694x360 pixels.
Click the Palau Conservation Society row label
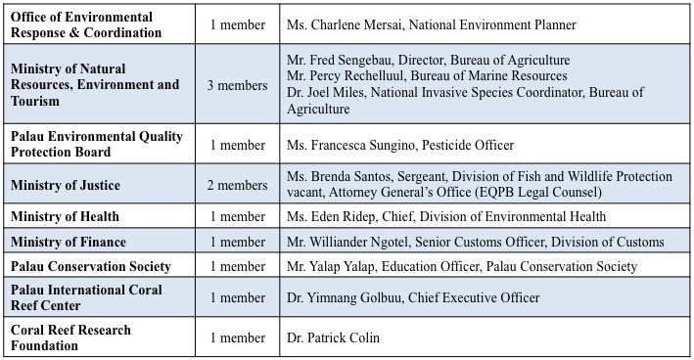(91, 266)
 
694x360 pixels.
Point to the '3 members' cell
(237, 85)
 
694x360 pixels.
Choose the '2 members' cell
(237, 184)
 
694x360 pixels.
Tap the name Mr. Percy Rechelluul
(349, 76)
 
